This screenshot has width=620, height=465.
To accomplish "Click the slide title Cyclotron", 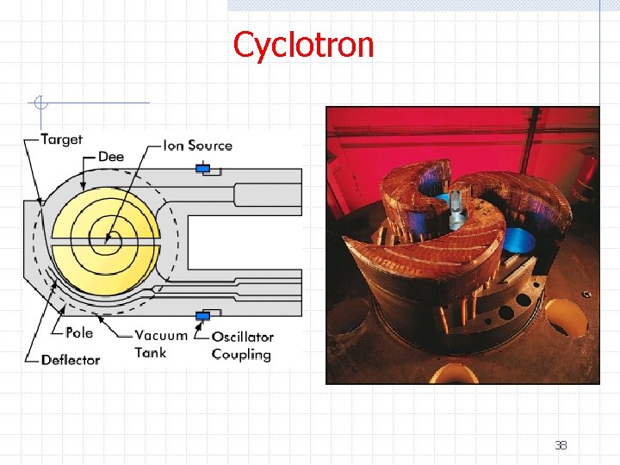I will [303, 45].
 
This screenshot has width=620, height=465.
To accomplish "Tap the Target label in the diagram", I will [61, 139].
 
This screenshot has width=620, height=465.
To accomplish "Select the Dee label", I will [111, 157].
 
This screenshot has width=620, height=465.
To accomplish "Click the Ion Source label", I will [197, 146].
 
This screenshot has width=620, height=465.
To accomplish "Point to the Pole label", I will [79, 332].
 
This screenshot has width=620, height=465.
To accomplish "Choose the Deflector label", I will [71, 360].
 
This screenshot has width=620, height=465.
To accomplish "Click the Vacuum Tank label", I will [161, 343].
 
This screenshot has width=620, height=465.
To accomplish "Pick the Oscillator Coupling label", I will [242, 345].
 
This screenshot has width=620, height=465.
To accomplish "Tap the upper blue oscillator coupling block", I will [203, 169].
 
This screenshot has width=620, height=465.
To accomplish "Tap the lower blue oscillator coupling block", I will [203, 316].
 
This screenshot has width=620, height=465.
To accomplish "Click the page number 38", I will [561, 445].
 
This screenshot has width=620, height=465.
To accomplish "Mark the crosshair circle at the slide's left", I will [40, 103].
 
